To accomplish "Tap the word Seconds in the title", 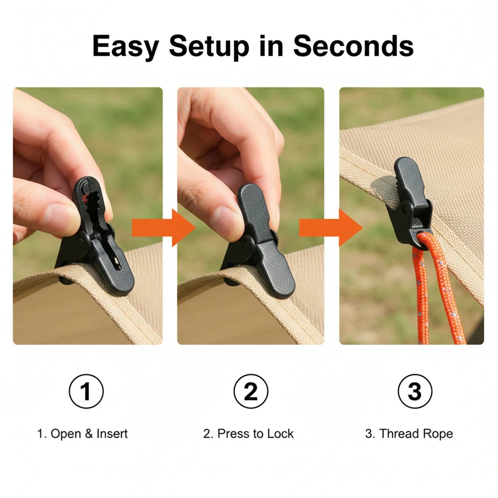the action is pos(353,45).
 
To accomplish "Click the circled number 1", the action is pos(86,391).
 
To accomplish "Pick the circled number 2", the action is pos(251,391).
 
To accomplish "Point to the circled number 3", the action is pos(415,391).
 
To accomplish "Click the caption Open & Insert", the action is pos(89,434).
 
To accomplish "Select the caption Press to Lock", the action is pos(255,434).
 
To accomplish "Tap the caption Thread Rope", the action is pos(416,434).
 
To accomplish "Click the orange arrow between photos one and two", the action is pos(164,228).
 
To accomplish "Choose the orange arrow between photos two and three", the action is pos(331,228).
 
